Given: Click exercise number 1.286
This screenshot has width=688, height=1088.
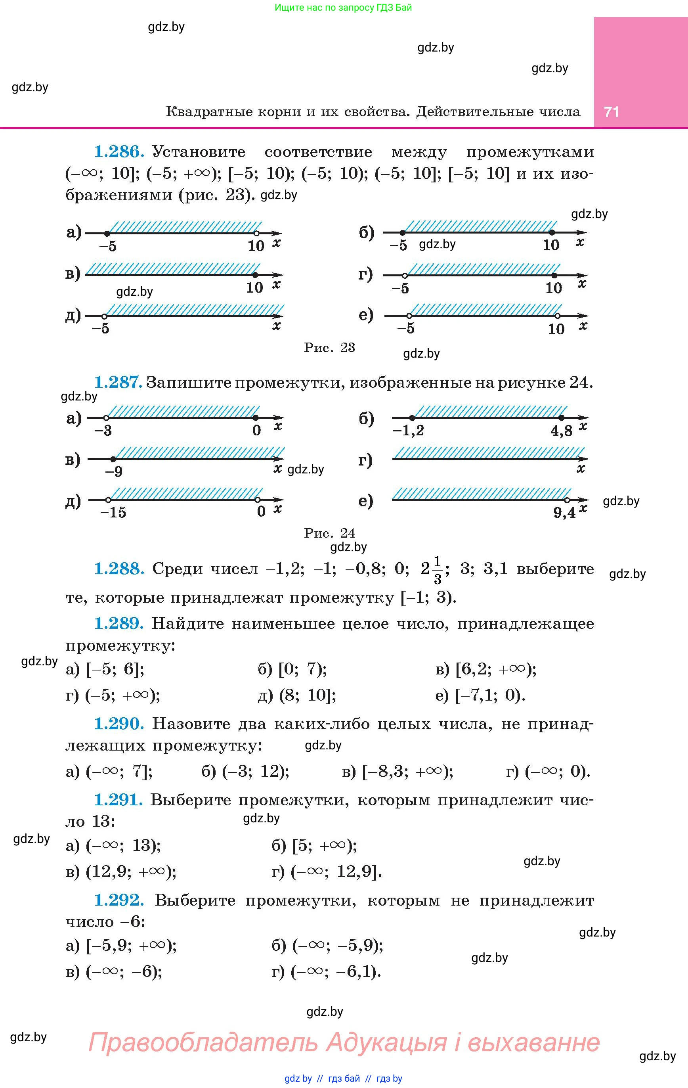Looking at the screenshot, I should (119, 152).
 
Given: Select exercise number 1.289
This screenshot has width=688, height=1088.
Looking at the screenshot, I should (119, 624).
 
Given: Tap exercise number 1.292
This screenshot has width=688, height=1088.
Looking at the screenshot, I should (119, 900).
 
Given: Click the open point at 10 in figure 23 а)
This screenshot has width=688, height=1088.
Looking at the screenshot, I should (256, 234).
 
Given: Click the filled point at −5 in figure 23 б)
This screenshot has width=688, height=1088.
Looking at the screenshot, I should (403, 232).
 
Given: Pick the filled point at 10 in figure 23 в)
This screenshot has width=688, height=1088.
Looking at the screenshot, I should (255, 275).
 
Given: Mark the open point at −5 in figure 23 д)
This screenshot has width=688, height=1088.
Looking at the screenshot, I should (104, 316).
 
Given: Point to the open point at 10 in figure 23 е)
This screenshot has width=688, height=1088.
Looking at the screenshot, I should (558, 316).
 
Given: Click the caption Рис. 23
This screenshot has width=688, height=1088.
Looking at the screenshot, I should (329, 347).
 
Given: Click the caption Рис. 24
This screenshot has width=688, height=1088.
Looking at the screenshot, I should (329, 533).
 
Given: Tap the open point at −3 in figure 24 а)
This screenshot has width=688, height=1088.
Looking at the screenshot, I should (106, 418).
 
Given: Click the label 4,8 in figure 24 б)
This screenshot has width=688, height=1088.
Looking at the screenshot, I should (562, 431).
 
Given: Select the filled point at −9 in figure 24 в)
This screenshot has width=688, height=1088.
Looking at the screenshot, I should (113, 459).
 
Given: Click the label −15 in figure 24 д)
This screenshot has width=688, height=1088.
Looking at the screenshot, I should (113, 512).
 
